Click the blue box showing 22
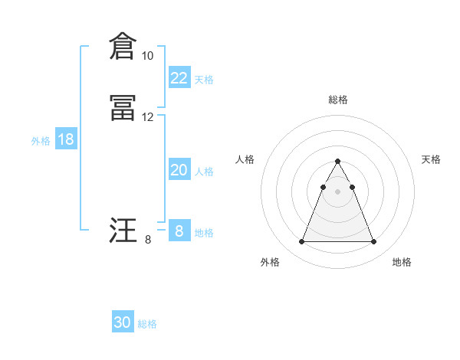179,78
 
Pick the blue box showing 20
179,170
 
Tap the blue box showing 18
65,139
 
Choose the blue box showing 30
123,322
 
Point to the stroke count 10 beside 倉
147,56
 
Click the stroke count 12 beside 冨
147,117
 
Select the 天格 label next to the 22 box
204,80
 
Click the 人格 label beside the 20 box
204,172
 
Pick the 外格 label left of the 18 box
41,141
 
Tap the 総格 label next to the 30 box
147,324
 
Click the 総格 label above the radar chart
337,100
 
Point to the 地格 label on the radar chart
402,263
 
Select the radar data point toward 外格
301,242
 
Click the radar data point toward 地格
373,242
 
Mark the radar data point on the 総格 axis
337,162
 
